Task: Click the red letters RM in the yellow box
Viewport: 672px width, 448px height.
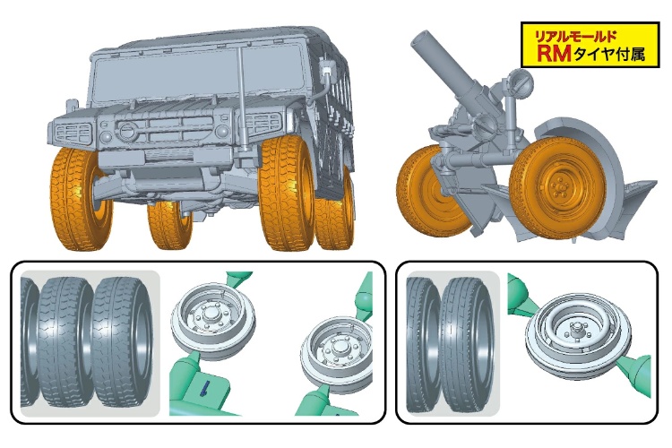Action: click(554, 53)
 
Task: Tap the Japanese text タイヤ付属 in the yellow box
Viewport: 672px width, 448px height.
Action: click(608, 54)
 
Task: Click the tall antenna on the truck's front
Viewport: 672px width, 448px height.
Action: click(242, 99)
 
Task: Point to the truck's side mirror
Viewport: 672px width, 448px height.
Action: click(326, 67)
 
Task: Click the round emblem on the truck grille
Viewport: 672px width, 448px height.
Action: click(126, 130)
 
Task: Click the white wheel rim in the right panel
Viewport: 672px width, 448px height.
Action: click(573, 332)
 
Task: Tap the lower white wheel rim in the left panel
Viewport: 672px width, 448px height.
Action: click(337, 354)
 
